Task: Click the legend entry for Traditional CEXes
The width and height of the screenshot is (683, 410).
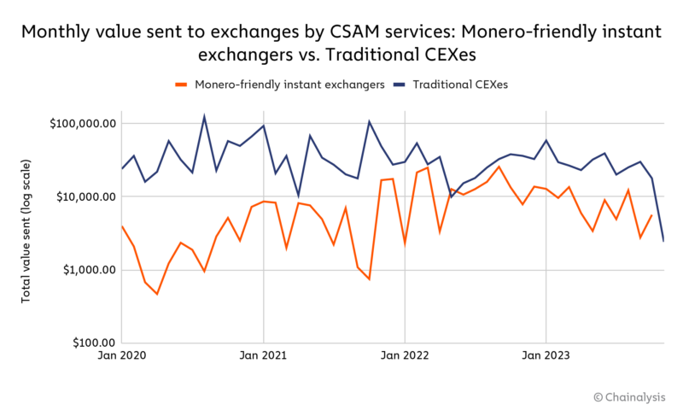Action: pyautogui.click(x=460, y=85)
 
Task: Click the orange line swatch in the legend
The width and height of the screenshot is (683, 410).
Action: pyautogui.click(x=181, y=85)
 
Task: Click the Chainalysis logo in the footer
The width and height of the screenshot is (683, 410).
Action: pyautogui.click(x=630, y=397)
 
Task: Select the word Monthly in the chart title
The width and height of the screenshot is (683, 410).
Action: pyautogui.click(x=54, y=32)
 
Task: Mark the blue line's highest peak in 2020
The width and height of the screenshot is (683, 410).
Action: pyautogui.click(x=203, y=116)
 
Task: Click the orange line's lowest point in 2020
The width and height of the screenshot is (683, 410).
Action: pyautogui.click(x=157, y=294)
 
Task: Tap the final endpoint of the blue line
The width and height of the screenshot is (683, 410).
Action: pyautogui.click(x=663, y=241)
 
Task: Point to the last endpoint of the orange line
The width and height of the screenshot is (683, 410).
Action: pyautogui.click(x=651, y=215)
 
